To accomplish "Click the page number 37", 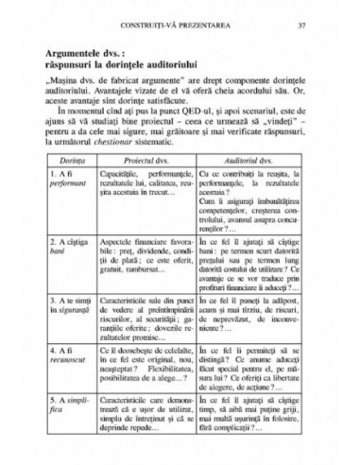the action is pyautogui.click(x=327, y=24).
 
